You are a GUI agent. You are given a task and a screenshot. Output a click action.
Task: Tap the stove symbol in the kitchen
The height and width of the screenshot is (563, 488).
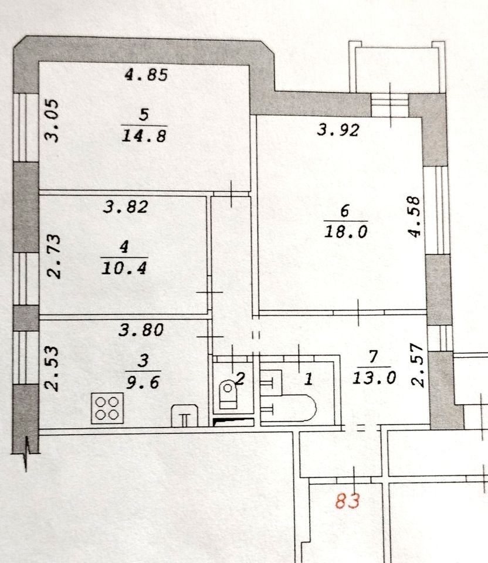pyautogui.click(x=107, y=408)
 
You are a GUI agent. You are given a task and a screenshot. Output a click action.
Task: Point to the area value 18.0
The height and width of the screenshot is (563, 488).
pyautogui.click(x=345, y=231)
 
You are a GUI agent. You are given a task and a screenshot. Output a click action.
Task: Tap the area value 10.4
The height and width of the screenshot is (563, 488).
pyautogui.click(x=124, y=269)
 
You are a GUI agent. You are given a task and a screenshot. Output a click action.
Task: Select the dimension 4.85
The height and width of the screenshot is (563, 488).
pyautogui.click(x=147, y=75)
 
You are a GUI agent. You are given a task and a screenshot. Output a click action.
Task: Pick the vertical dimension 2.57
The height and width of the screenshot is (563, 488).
pyautogui.click(x=417, y=366)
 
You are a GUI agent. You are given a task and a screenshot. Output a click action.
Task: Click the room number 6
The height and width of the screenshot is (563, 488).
pyautogui.click(x=345, y=210)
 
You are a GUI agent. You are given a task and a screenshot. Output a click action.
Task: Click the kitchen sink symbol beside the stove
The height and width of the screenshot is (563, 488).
pyautogui.click(x=184, y=416)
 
